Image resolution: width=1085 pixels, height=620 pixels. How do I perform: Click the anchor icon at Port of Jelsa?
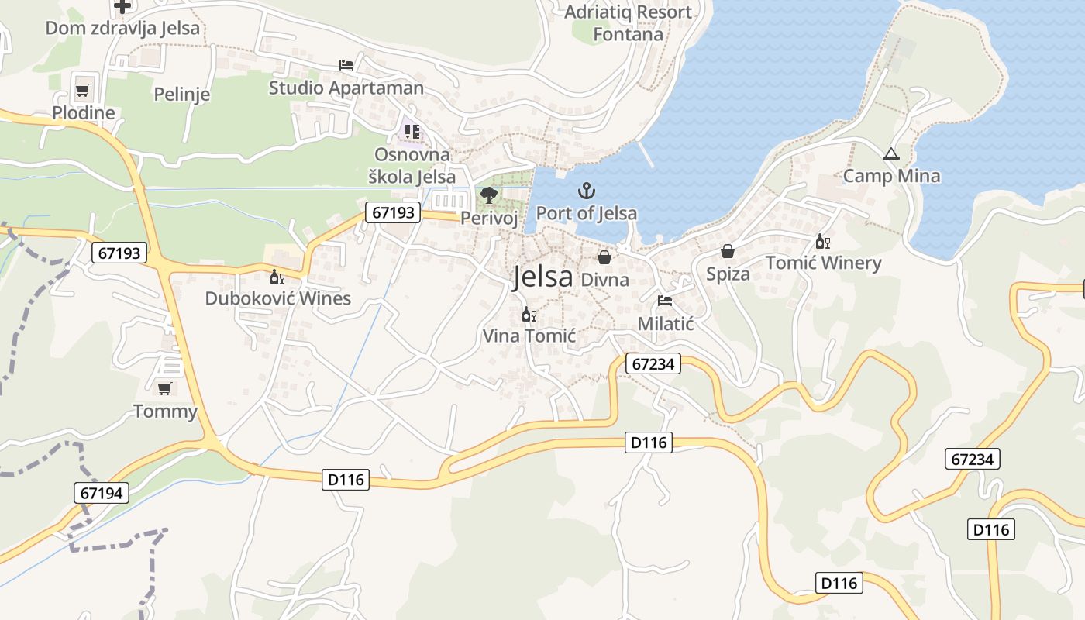pos(587,190)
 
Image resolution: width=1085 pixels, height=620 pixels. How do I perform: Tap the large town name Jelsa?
pos(542,277)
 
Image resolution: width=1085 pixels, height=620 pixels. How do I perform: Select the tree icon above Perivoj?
pos(488,195)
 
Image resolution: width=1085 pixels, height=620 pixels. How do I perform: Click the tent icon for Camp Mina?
pos(890,153)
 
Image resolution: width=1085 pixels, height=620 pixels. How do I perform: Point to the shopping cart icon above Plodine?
pos(83,90)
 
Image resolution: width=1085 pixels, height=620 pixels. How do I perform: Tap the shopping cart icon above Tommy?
pos(164,388)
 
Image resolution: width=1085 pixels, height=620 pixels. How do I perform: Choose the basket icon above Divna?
pos(604,257)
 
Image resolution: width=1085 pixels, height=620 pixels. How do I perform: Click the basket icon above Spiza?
pos(727,251)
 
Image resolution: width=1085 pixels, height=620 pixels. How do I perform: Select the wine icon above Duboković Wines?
pos(277,277)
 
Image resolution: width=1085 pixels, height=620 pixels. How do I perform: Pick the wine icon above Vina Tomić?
pos(529,314)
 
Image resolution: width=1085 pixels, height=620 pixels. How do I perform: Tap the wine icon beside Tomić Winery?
pos(822,242)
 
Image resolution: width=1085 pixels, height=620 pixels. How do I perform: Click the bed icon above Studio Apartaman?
pos(346,64)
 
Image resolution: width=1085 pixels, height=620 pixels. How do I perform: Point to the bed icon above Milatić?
pos(664,300)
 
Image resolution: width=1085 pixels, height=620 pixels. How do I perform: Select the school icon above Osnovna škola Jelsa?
pos(412,131)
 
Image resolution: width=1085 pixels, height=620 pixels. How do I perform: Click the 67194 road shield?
pos(102,492)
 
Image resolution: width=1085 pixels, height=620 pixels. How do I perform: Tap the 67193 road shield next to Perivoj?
pos(393,212)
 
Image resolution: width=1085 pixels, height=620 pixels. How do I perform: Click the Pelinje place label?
pos(182,95)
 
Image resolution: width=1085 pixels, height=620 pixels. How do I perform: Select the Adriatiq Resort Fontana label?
pos(629,23)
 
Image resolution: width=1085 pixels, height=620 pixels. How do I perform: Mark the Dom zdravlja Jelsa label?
pos(122,29)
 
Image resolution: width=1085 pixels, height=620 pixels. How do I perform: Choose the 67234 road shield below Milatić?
pos(653,363)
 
